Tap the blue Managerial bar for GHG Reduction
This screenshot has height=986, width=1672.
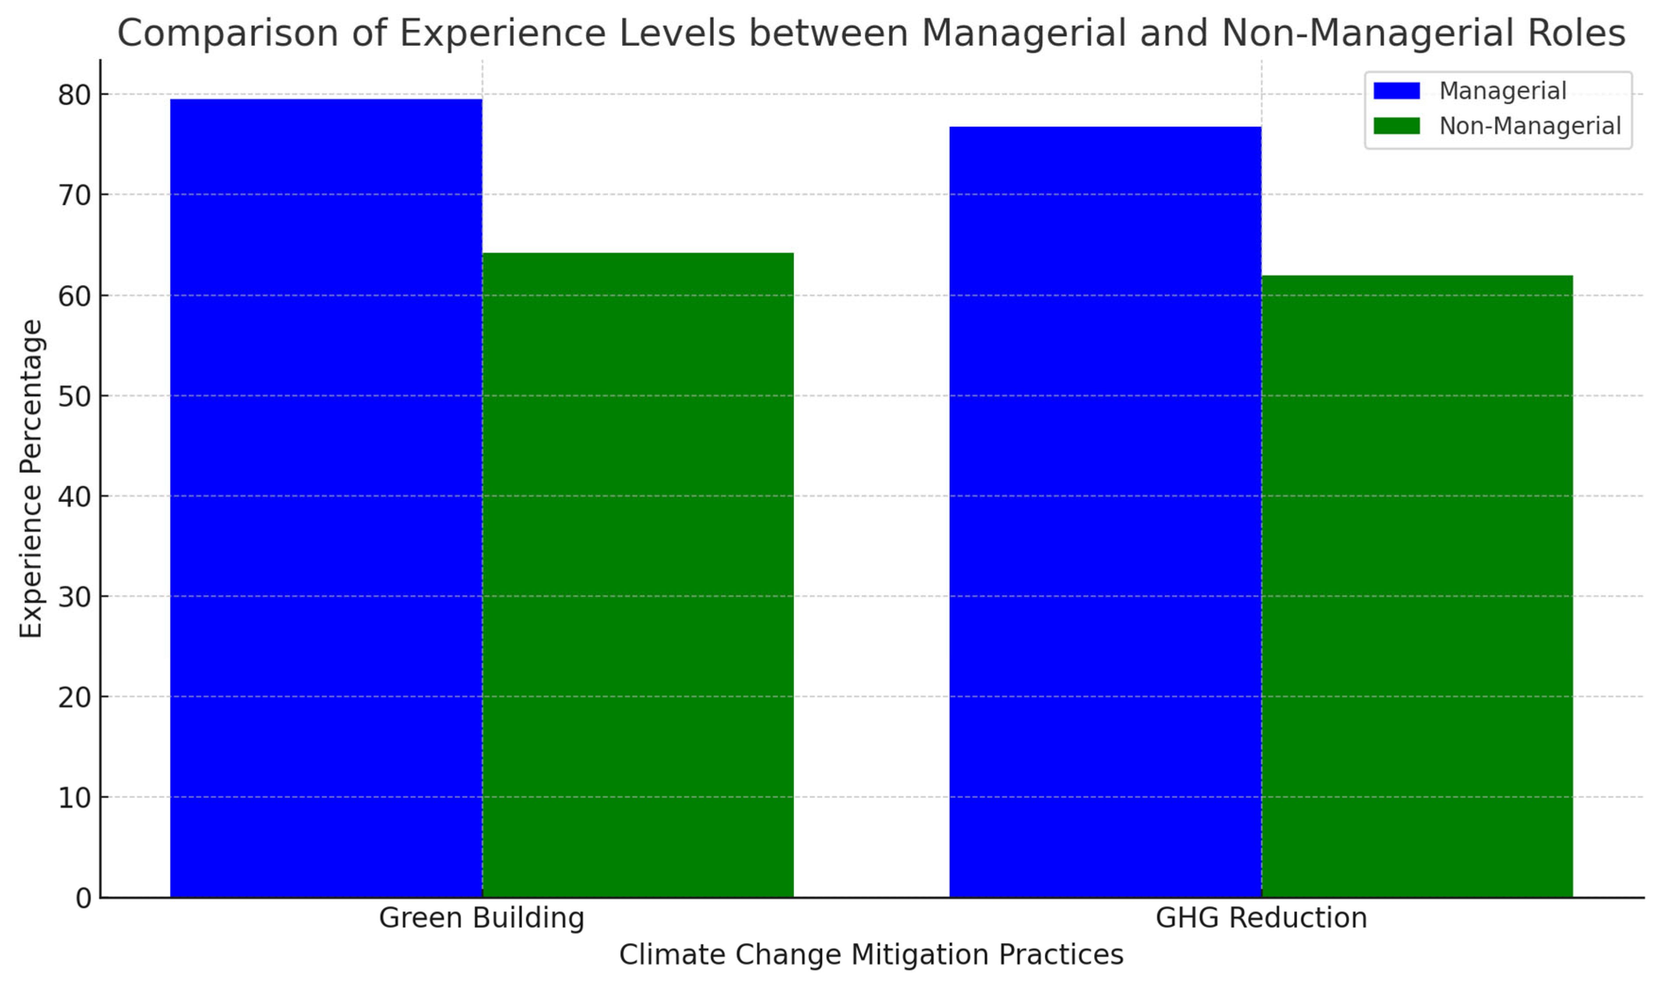point(1105,512)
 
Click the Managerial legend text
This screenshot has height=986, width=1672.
point(1502,91)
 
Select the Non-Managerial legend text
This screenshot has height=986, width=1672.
point(1530,126)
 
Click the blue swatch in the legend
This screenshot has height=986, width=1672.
point(1396,91)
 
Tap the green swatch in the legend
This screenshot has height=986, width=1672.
point(1396,126)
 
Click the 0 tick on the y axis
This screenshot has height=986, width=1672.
point(83,898)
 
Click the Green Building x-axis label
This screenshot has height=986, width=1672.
point(482,918)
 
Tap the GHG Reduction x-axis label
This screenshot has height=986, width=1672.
point(1261,918)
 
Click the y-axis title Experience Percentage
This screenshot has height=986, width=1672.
point(31,478)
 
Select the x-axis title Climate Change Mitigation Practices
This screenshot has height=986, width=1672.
point(871,955)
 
